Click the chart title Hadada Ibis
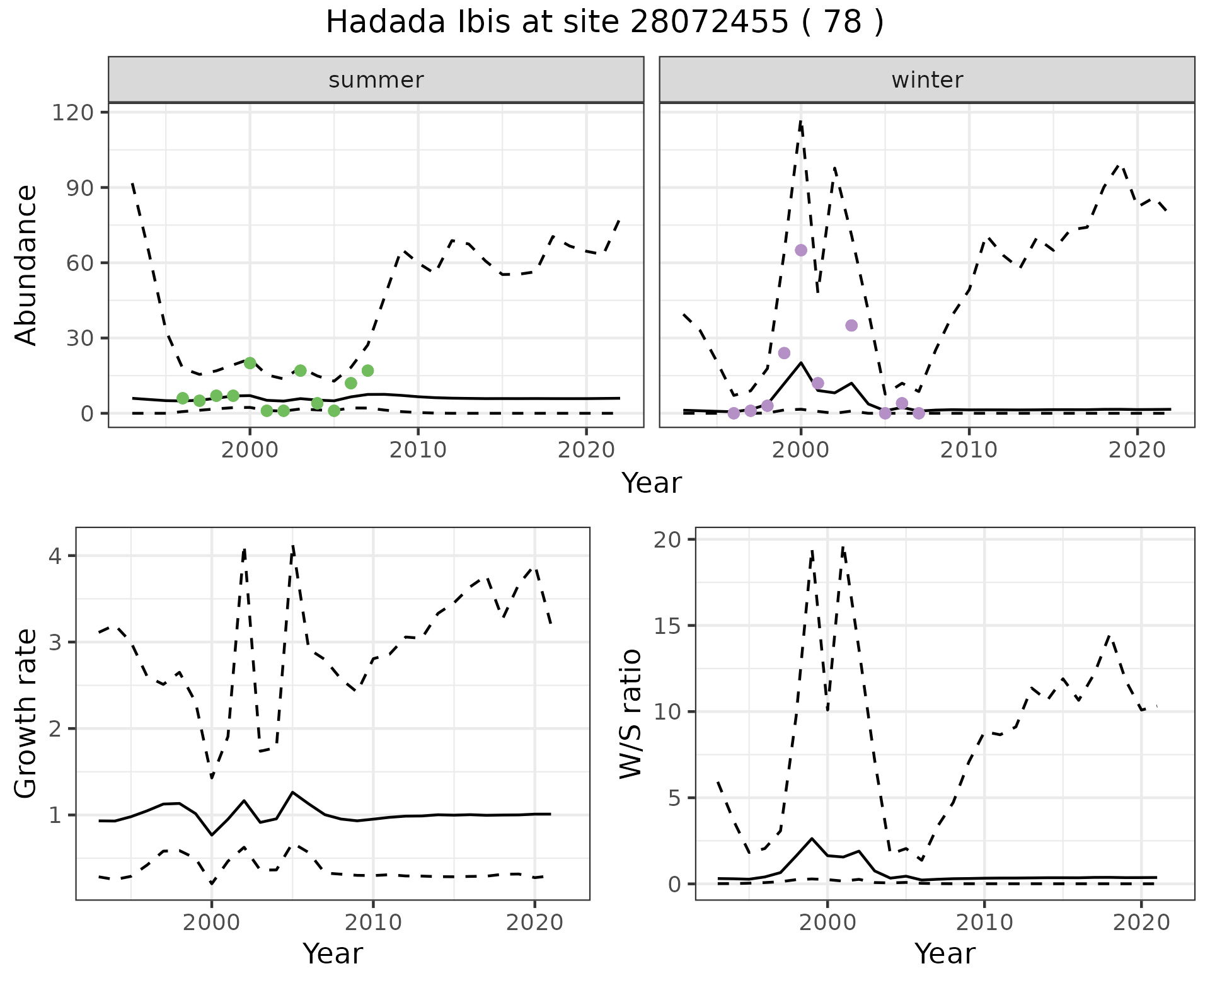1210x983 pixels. coord(604,23)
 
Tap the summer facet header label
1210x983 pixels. coord(376,80)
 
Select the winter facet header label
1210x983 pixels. coord(926,80)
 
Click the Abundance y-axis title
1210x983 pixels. coord(26,265)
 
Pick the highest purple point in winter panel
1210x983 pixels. coord(801,250)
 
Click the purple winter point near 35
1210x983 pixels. coord(851,325)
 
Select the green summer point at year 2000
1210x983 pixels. coord(250,363)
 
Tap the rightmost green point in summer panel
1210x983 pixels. coord(368,371)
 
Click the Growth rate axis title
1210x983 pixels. coord(26,713)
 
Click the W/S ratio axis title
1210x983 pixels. coord(630,713)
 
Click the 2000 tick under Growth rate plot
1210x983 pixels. coord(212,923)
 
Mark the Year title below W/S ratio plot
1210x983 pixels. coord(945,953)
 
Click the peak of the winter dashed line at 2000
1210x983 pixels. coord(800,121)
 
